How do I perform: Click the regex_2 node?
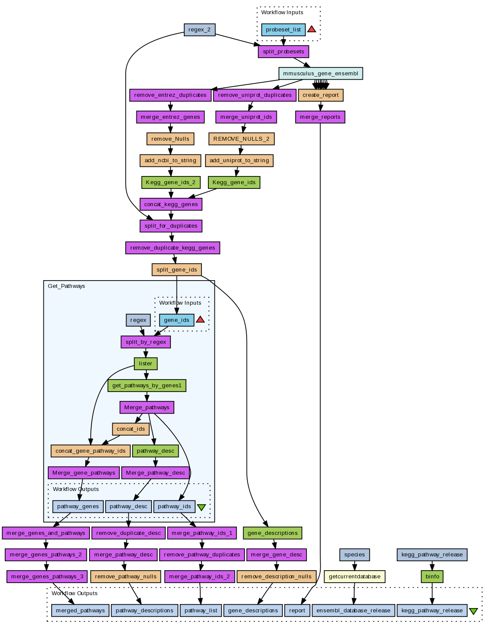[199, 30]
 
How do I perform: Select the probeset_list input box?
[283, 30]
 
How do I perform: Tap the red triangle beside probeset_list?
[312, 29]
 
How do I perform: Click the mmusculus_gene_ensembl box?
[320, 74]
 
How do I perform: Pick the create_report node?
[320, 95]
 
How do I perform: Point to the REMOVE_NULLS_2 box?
[241, 139]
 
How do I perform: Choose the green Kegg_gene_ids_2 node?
[170, 182]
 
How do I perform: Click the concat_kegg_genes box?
[171, 204]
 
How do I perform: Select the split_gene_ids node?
[176, 270]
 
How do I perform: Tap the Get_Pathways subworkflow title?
[66, 286]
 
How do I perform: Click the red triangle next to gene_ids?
[201, 320]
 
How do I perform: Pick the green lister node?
[145, 364]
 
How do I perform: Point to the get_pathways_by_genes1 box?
[147, 386]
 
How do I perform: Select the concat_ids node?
[131, 429]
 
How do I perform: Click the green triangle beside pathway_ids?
[201, 507]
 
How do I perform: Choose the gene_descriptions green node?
[272, 533]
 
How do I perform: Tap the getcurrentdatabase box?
[354, 577]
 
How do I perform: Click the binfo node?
[432, 577]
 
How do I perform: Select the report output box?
[297, 611]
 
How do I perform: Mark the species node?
[354, 555]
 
